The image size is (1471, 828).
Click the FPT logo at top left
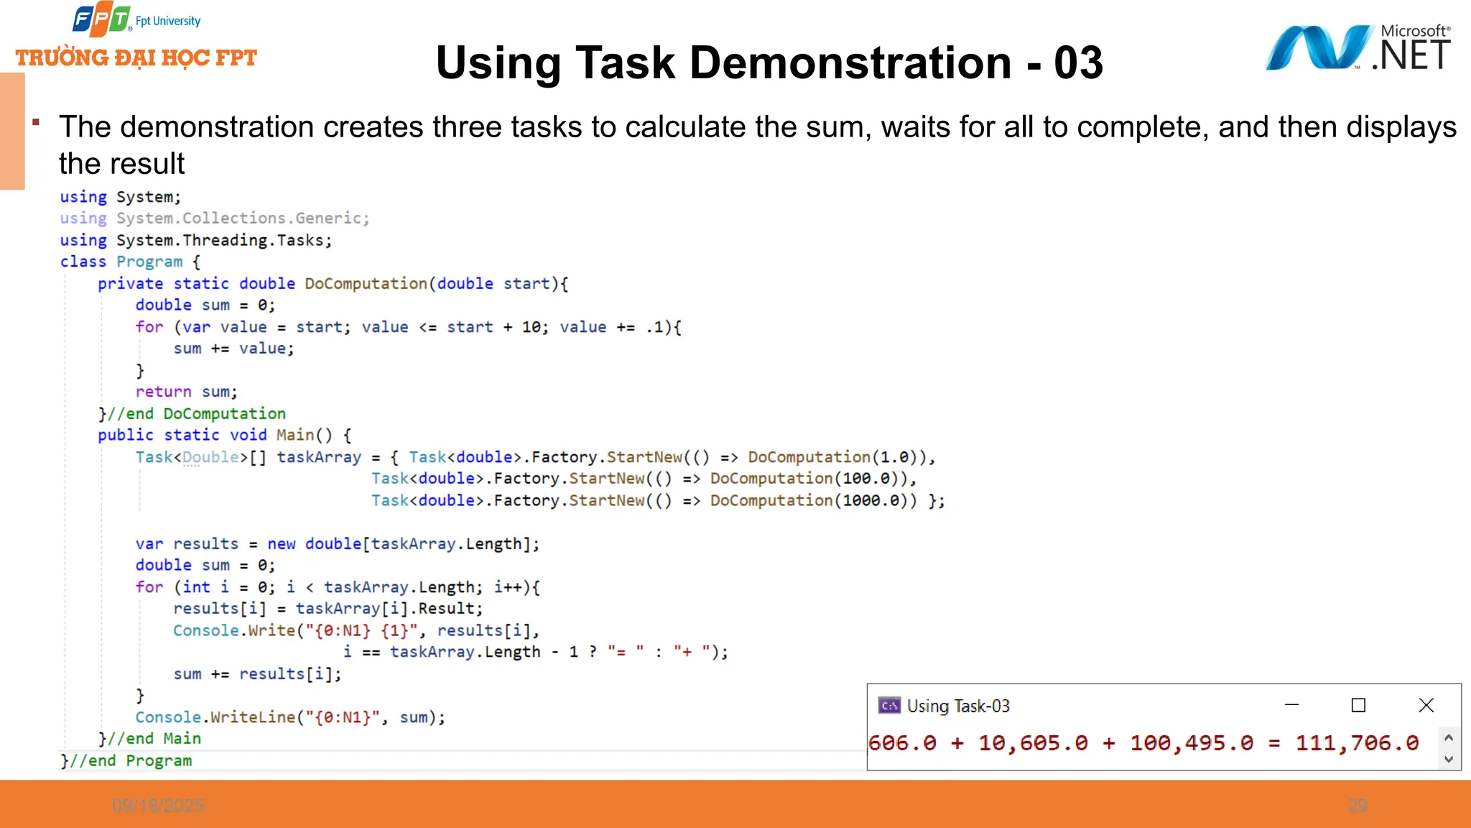pos(101,19)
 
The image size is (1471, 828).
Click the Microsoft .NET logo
pos(1358,48)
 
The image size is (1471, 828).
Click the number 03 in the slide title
pos(1077,63)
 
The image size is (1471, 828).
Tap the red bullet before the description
pos(35,122)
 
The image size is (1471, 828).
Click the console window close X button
pos(1426,705)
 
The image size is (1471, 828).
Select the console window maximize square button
pos(1358,705)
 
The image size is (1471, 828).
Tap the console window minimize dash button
pos(1291,705)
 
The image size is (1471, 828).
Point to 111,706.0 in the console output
pos(1357,742)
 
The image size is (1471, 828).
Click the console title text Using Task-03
pos(958,706)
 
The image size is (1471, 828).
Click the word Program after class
pos(149,262)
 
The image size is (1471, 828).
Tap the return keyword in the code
pos(163,392)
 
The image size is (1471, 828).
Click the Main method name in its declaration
pos(294,435)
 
